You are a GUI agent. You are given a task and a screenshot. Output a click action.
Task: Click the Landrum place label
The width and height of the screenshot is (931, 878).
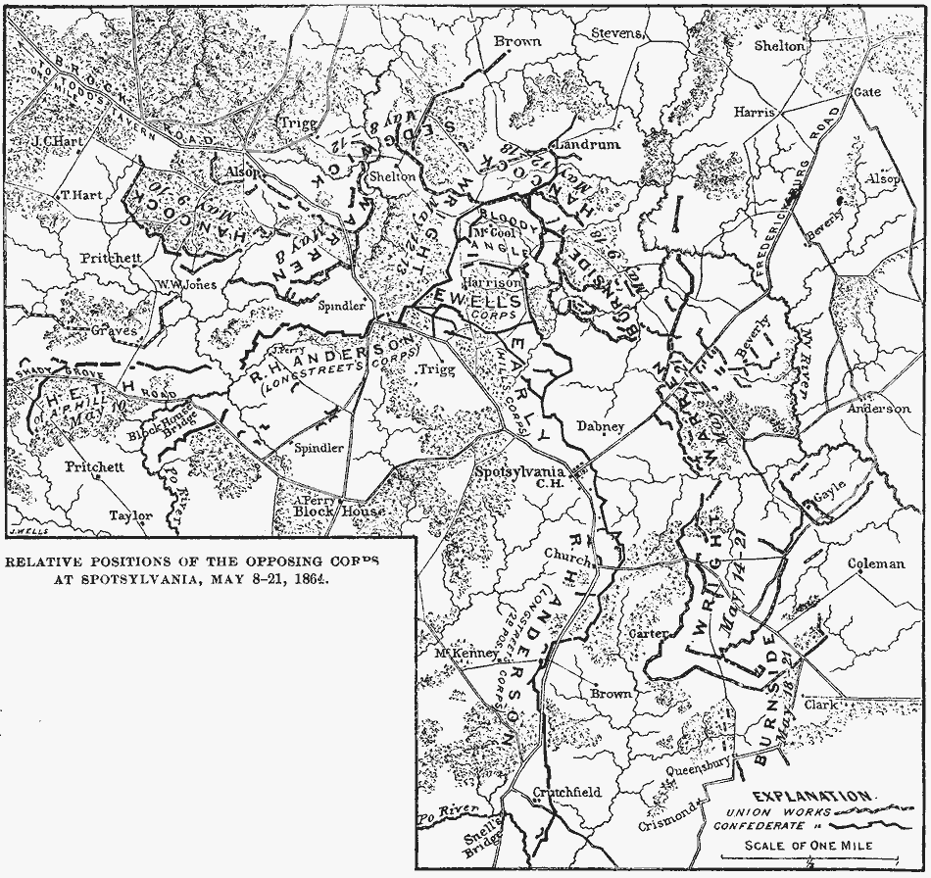coord(588,144)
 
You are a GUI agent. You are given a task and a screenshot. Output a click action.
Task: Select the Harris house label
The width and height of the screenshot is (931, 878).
coord(753,113)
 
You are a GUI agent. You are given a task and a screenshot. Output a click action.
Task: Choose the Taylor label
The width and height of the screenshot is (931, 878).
coord(130,515)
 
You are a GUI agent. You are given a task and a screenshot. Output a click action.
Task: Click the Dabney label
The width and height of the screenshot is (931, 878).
coord(600,427)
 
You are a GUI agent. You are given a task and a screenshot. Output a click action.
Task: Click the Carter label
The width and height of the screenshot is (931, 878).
coord(647,634)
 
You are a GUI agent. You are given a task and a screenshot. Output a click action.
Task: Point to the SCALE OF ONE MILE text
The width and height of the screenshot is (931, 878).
coord(807,846)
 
